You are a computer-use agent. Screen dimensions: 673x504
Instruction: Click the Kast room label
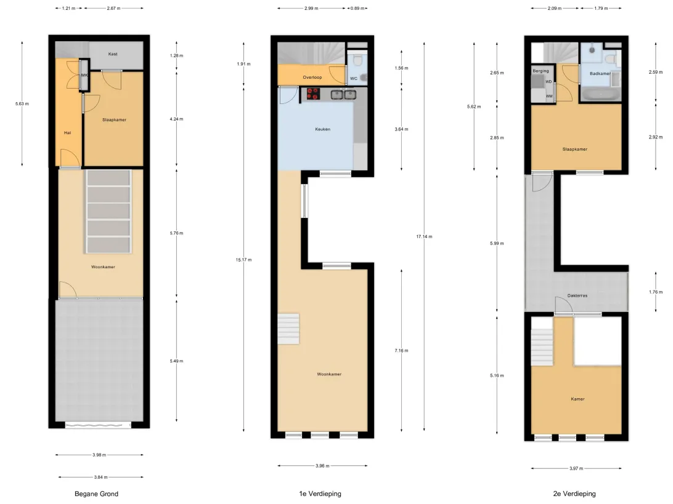pos(113,54)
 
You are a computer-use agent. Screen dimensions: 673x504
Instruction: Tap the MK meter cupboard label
pos(84,75)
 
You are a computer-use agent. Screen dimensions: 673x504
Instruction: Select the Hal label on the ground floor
pos(67,133)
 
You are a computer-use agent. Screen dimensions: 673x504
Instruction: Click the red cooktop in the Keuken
pos(313,94)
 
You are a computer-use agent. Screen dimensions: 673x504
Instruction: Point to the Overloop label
pos(312,78)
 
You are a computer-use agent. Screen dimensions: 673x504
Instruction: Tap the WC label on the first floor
pos(354,78)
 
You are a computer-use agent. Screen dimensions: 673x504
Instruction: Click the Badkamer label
pos(600,74)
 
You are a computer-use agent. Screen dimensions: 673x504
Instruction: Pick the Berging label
pos(541,71)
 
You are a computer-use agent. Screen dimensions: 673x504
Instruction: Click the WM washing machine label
pos(549,97)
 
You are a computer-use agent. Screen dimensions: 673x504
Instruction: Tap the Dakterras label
pos(577,296)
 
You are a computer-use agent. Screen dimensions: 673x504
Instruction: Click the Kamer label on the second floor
pos(577,399)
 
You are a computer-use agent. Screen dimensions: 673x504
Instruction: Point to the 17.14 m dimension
pos(424,236)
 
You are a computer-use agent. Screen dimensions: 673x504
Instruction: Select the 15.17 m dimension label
pos(244,260)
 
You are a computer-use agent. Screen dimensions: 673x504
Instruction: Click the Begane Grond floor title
pos(97,494)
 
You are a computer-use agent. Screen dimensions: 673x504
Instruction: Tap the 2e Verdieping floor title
pos(574,494)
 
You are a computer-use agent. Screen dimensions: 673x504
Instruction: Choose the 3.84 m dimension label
pos(101,477)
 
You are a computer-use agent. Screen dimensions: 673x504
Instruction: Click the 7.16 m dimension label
pos(401,351)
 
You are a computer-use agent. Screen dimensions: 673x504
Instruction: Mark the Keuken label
pos(323,129)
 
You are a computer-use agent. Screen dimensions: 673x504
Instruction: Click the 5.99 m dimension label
pos(497,244)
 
